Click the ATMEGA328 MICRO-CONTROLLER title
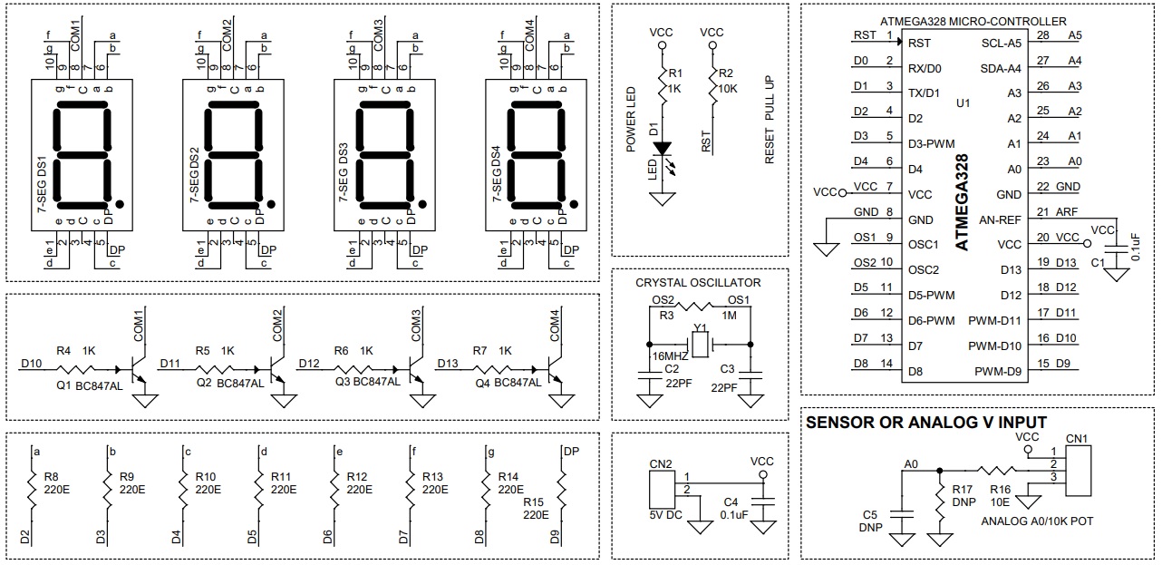tap(973, 21)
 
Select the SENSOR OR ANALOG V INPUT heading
tap(925, 423)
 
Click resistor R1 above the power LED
tap(662, 89)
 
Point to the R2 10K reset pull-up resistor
tap(712, 89)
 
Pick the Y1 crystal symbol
tap(700, 344)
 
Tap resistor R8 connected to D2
tap(33, 490)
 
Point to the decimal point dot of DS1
tap(121, 203)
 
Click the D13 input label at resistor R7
tap(448, 364)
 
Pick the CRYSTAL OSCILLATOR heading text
tap(698, 282)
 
